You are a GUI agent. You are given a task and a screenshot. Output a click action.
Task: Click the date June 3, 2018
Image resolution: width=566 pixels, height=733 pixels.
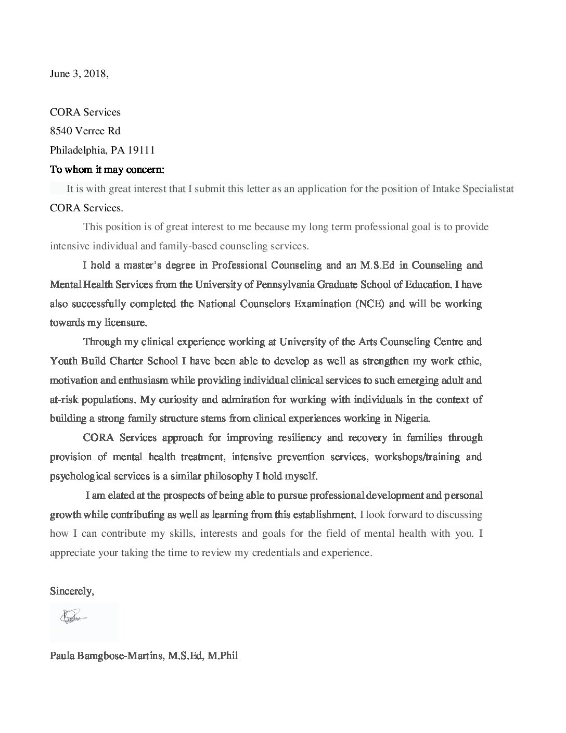[x=79, y=74]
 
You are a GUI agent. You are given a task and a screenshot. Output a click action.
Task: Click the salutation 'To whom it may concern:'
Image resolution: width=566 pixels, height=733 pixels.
[x=107, y=170]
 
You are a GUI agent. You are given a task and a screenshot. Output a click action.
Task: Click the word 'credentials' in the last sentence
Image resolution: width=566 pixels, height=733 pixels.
[x=275, y=553]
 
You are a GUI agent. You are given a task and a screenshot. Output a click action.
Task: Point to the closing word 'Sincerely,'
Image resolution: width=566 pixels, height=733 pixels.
[x=72, y=591]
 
